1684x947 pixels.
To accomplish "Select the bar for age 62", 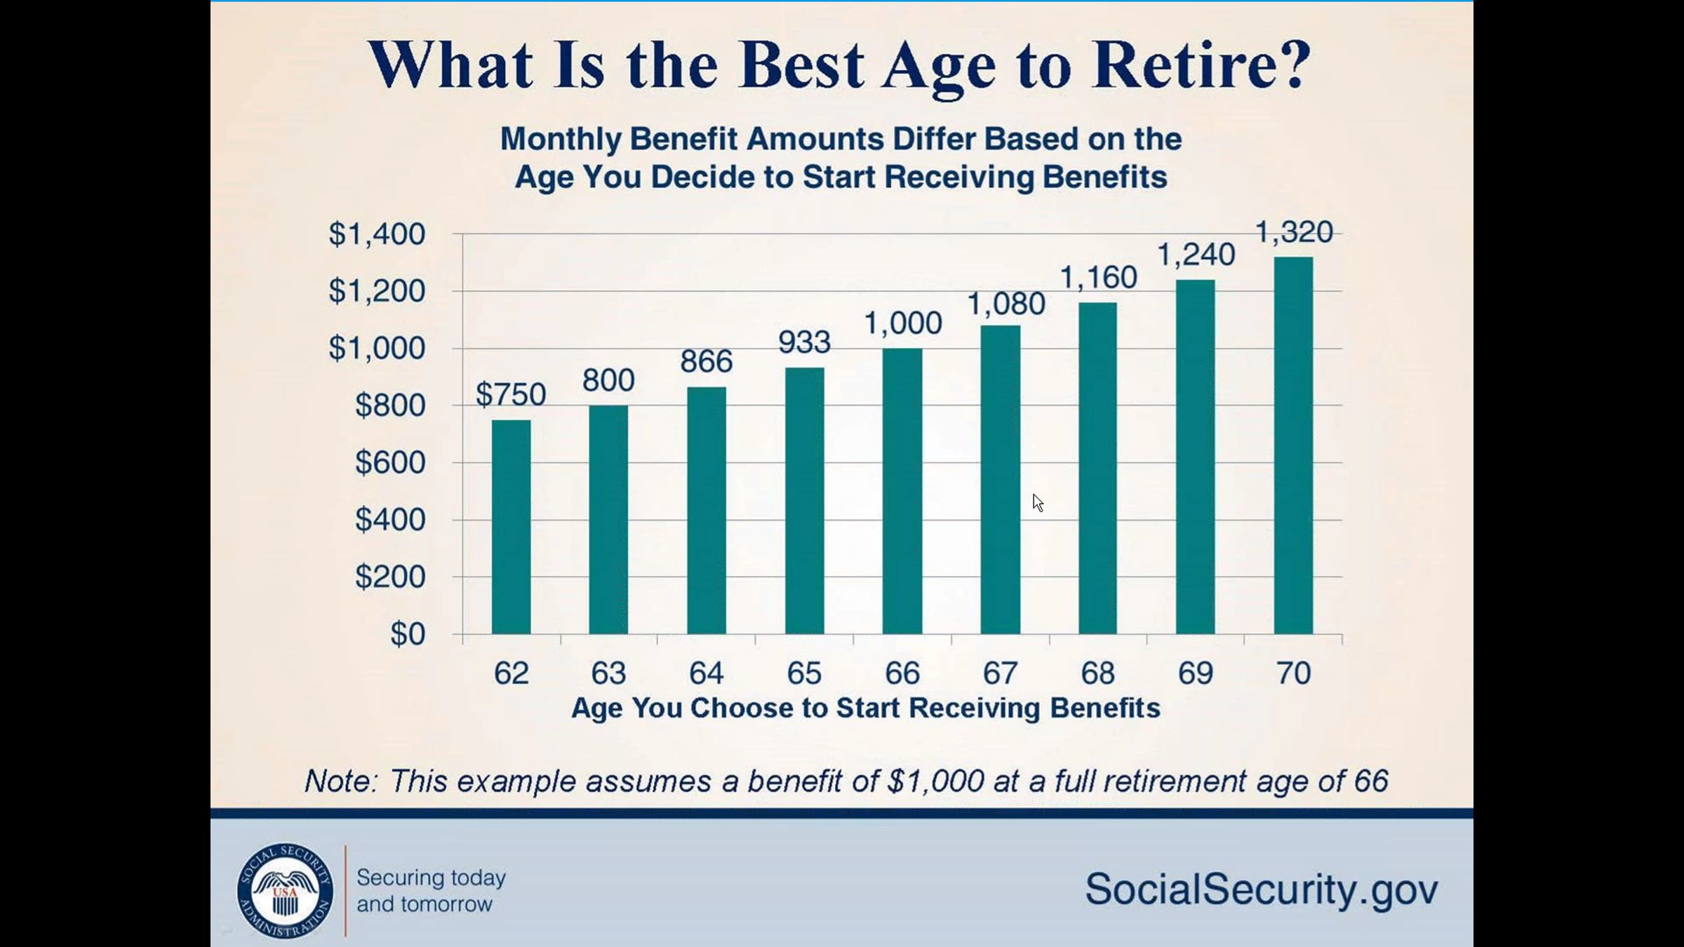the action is pyautogui.click(x=511, y=527).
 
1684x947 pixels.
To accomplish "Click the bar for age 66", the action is pyautogui.click(x=902, y=491).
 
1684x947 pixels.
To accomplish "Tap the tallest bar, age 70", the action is pyautogui.click(x=1293, y=445).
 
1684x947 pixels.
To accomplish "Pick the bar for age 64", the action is pyautogui.click(x=707, y=510).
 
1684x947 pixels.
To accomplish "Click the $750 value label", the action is pyautogui.click(x=511, y=394).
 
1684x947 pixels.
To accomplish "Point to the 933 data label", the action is pyautogui.click(x=804, y=342).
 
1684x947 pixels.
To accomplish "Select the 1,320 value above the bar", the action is pyautogui.click(x=1293, y=232).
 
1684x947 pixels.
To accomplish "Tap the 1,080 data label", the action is pyautogui.click(x=1006, y=304).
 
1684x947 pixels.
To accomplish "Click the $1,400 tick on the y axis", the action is pyautogui.click(x=377, y=234).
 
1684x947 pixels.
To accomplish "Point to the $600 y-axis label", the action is pyautogui.click(x=390, y=462).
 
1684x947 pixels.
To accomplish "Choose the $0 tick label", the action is pyautogui.click(x=408, y=634).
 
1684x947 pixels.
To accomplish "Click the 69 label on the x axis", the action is pyautogui.click(x=1195, y=673).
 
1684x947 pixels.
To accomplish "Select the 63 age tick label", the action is pyautogui.click(x=608, y=673).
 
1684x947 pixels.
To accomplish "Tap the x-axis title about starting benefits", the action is pyautogui.click(x=866, y=708).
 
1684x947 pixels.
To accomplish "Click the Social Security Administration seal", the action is pyautogui.click(x=285, y=890).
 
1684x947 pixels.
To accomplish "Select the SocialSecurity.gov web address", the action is pyautogui.click(x=1262, y=889).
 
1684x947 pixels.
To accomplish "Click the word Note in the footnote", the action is pyautogui.click(x=340, y=781).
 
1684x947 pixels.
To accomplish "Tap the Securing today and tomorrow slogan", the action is pyautogui.click(x=431, y=891).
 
